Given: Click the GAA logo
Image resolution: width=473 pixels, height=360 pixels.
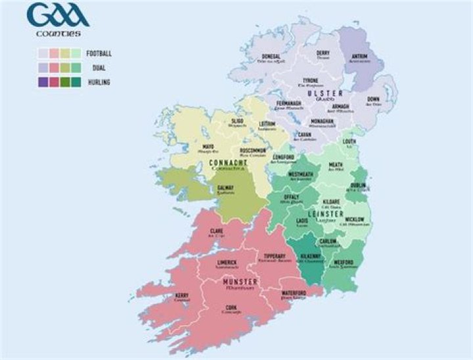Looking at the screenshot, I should coord(58,16).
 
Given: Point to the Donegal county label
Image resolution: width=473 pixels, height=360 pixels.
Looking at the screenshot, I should coord(271,56).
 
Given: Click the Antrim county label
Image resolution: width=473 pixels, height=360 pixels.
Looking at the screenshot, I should coord(359,56).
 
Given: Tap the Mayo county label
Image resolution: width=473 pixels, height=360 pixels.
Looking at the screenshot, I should coord(208,147).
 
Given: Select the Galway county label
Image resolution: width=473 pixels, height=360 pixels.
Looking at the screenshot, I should coord(226,188).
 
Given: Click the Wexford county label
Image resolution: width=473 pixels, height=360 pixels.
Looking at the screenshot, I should coord(344,261).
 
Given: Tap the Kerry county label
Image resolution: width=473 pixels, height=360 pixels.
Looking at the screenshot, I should coord(182,296).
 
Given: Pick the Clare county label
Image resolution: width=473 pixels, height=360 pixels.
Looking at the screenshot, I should coord(217,231).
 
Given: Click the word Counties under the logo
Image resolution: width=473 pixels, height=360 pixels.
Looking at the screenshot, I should coord(58,33).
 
